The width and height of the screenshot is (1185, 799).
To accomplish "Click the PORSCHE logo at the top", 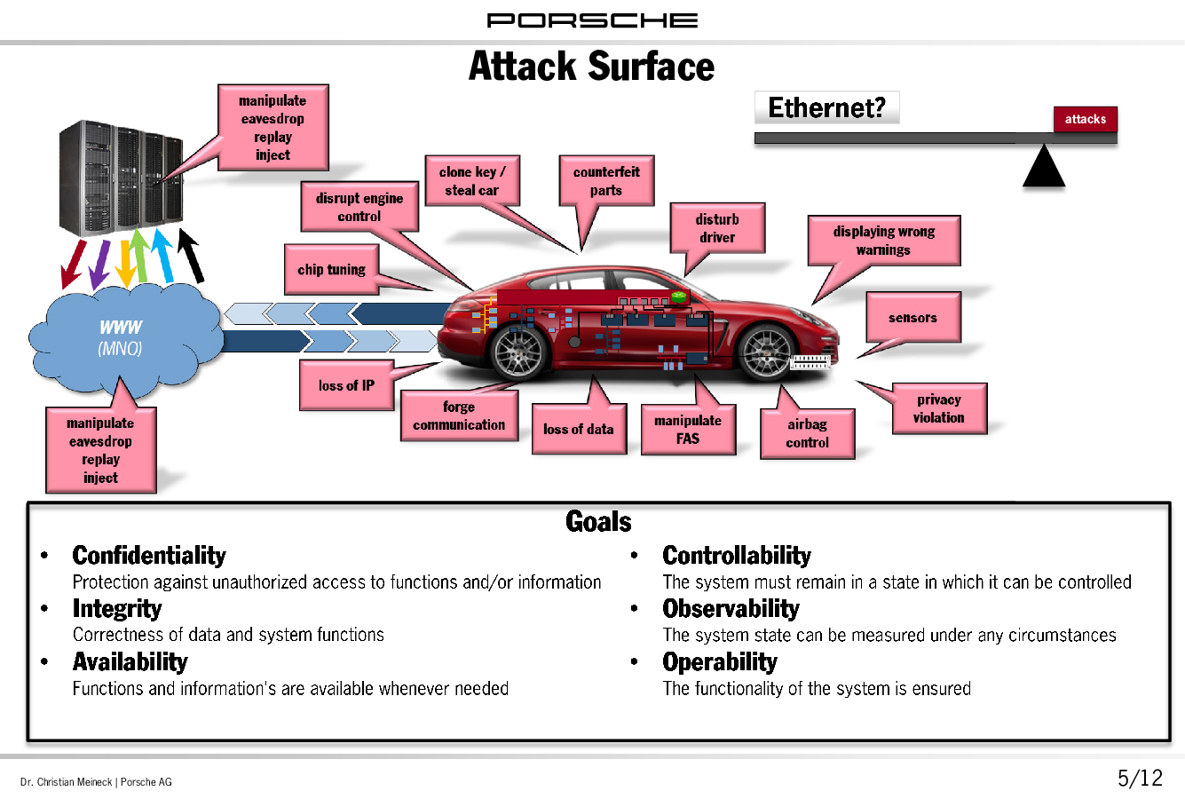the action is (x=592, y=20).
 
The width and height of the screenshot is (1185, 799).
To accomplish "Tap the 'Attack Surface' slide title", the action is (x=591, y=67).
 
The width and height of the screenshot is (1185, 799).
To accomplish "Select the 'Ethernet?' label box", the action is (x=827, y=108).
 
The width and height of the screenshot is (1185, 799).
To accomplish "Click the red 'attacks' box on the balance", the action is (x=1085, y=119).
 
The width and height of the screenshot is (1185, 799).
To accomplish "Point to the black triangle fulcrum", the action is (x=1044, y=168).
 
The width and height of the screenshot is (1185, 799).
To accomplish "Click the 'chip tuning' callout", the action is (x=332, y=270).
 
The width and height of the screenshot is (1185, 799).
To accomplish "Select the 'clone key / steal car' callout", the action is (x=472, y=181).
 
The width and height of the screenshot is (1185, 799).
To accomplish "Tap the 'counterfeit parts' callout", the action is (x=606, y=181).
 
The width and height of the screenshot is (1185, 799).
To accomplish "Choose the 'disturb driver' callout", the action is (x=717, y=228).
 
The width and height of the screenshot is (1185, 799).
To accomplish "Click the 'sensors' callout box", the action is (x=913, y=318).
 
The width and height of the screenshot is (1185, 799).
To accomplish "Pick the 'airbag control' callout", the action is (x=807, y=433).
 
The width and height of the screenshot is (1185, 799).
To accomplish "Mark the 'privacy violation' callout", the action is (x=939, y=408).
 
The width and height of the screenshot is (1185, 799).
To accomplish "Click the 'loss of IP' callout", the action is (x=346, y=385).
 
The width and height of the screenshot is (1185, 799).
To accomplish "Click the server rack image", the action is (x=121, y=178).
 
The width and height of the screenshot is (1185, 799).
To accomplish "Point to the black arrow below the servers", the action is (x=191, y=256).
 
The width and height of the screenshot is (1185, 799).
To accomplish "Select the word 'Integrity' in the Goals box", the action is (x=117, y=608).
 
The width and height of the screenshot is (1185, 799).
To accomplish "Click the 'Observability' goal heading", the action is (x=731, y=608).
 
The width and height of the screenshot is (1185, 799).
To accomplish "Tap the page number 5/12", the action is (x=1140, y=779).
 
